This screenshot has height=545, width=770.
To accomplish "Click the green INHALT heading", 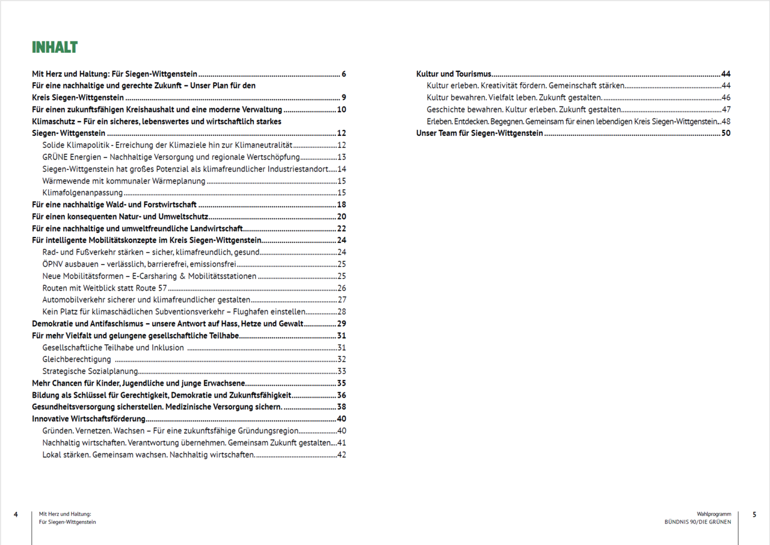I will (x=55, y=48).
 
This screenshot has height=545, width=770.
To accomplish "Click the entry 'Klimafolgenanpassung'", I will (x=82, y=193).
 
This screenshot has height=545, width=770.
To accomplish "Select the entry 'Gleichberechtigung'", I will (x=76, y=359).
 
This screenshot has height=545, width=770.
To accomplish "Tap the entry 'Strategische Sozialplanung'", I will (x=90, y=371).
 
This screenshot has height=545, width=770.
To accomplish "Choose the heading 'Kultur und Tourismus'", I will (x=454, y=74).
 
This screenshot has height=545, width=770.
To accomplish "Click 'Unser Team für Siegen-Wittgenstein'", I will (x=479, y=134).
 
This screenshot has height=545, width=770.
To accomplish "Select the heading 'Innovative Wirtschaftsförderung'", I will (x=88, y=419).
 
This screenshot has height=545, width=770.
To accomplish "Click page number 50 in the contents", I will (x=725, y=134).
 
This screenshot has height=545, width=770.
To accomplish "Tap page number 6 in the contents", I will (x=343, y=74).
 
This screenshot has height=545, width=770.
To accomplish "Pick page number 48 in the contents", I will (x=725, y=122).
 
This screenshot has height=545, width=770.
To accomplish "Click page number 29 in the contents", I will (x=341, y=324).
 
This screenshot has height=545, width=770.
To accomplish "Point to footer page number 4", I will (x=16, y=514).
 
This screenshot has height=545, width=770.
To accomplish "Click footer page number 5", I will (x=754, y=514).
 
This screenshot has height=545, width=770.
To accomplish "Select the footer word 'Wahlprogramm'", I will (x=714, y=514).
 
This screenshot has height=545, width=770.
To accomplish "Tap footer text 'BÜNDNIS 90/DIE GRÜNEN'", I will (x=694, y=522).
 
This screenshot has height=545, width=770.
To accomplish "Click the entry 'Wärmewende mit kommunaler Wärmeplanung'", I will (x=124, y=181).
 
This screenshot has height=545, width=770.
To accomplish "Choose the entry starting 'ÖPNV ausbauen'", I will (x=138, y=264).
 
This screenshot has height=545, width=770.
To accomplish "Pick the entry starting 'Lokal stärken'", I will (x=148, y=455).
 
